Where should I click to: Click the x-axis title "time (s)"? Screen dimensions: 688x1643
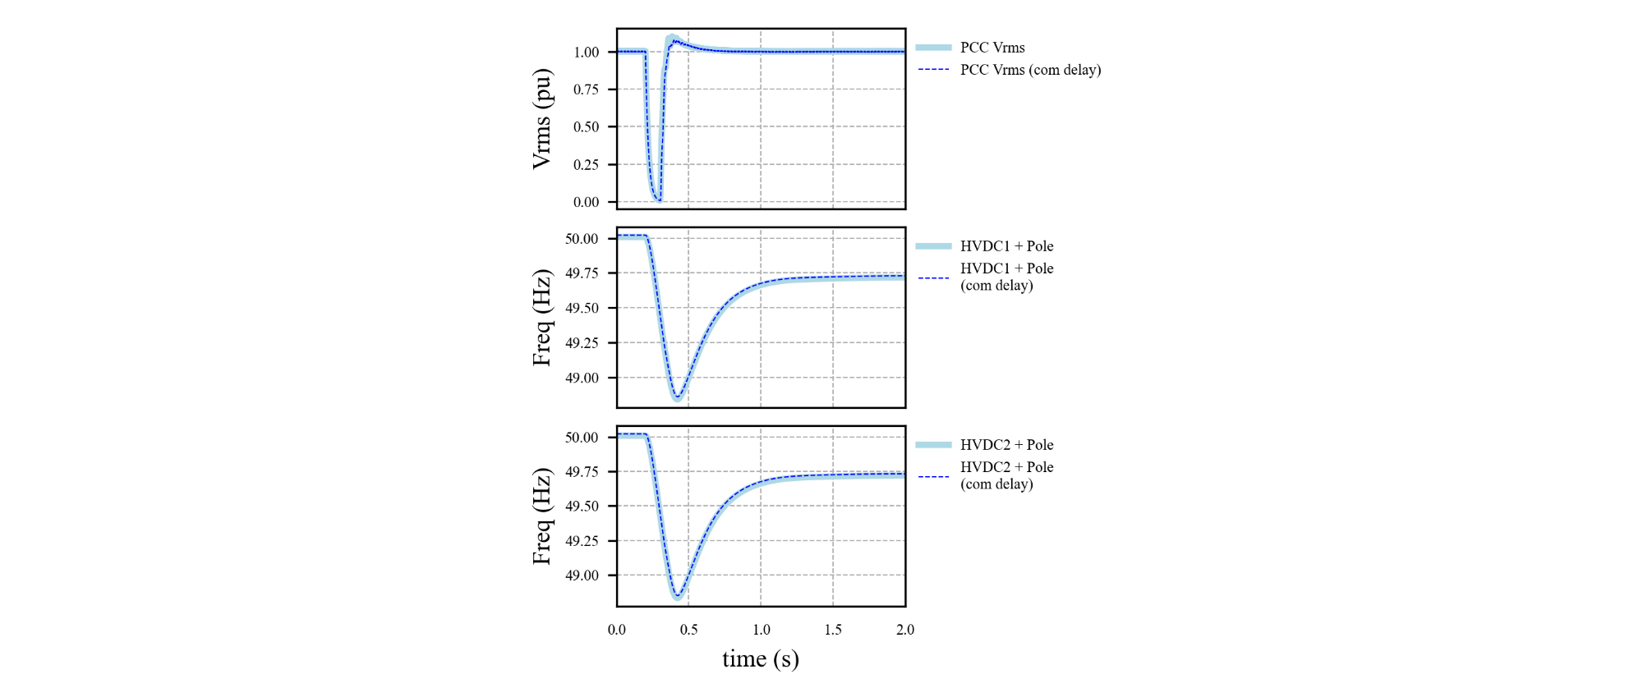(x=760, y=659)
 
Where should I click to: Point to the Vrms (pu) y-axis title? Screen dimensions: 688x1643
(x=541, y=119)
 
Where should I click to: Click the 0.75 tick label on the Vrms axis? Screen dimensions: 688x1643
(x=586, y=89)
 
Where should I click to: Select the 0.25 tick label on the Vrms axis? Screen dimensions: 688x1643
(x=586, y=165)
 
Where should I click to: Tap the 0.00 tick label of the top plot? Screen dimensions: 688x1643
(x=586, y=202)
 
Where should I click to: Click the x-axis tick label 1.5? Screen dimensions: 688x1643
(x=833, y=630)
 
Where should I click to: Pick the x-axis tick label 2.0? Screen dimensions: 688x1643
(x=904, y=630)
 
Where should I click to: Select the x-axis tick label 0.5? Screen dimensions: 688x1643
(x=688, y=630)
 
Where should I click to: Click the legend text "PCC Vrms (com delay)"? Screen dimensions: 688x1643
(x=1030, y=70)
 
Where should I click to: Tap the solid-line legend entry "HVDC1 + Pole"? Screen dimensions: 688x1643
(x=1006, y=246)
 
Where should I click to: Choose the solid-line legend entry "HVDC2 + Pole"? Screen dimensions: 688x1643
(x=1006, y=445)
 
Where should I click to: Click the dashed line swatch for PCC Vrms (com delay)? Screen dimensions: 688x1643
(x=933, y=70)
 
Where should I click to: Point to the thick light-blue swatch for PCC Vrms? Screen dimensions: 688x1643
(x=933, y=48)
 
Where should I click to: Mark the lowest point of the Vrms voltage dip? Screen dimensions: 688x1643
(x=658, y=199)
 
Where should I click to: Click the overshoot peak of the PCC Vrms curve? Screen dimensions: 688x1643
(x=672, y=39)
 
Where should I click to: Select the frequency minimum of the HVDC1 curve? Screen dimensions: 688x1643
(x=678, y=398)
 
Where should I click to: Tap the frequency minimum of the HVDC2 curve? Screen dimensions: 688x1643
(x=678, y=597)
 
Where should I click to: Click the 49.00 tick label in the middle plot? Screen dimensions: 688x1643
(x=582, y=378)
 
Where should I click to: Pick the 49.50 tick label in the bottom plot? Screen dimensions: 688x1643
(x=582, y=507)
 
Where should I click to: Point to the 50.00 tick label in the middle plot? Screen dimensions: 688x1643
(x=582, y=239)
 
